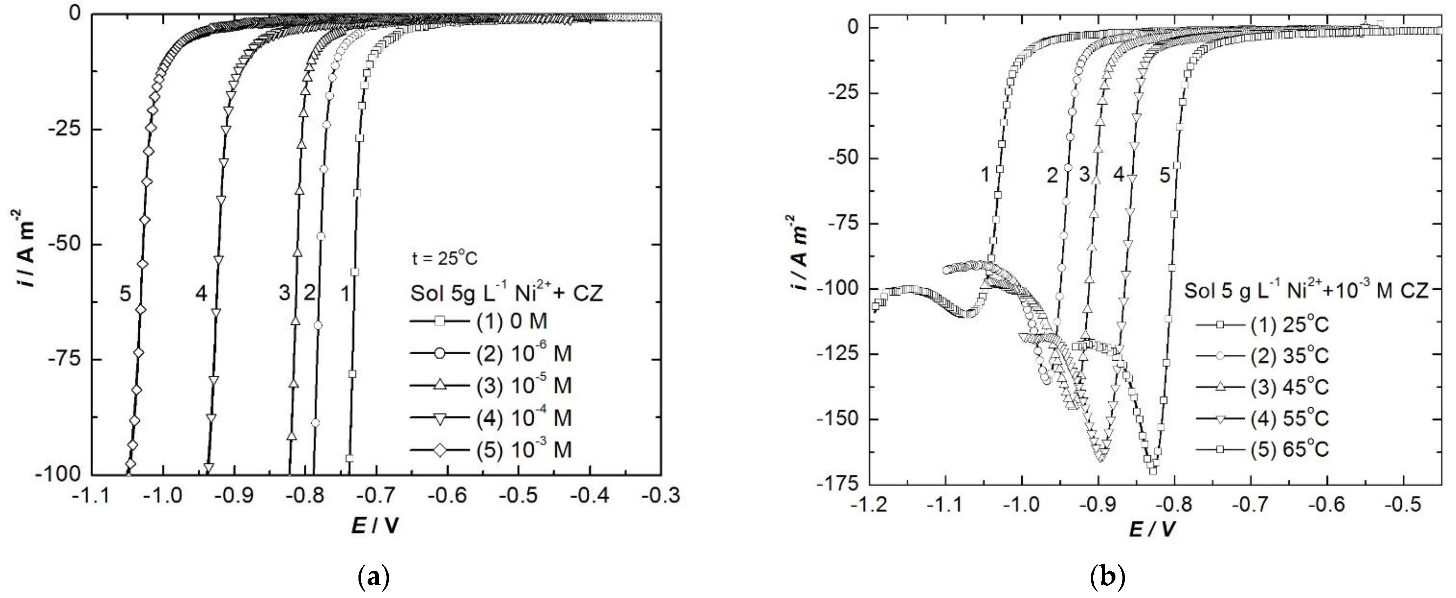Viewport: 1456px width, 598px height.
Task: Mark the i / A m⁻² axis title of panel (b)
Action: coord(801,253)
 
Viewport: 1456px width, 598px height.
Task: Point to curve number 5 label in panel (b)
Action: coord(1165,175)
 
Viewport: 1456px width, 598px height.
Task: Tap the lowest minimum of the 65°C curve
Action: coord(1151,470)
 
